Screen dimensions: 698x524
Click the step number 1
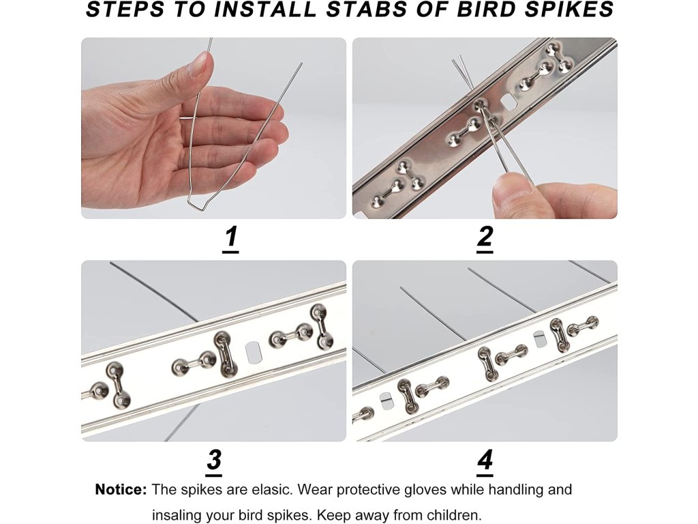point(230,237)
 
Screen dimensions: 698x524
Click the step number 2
point(485,236)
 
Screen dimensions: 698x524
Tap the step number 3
point(214,459)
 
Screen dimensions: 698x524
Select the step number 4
point(485,459)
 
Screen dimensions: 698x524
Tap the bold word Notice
point(121,490)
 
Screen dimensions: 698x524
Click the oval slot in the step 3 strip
point(253,352)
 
